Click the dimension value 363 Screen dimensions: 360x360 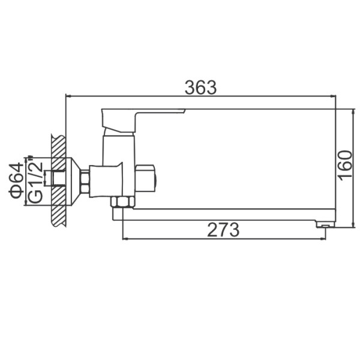(200, 88)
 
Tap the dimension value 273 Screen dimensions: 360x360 (223, 230)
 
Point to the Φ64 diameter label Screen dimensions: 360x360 (17, 180)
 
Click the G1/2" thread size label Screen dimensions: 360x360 (35, 180)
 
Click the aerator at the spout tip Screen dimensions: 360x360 (324, 224)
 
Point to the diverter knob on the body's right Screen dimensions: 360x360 (145, 178)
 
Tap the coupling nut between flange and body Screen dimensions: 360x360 (85, 181)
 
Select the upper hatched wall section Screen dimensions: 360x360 (58, 150)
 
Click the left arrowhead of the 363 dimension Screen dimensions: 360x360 (68, 95)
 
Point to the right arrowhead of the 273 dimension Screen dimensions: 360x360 (323, 239)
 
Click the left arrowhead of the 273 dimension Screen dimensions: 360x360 (125, 239)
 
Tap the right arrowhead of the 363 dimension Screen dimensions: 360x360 (332, 95)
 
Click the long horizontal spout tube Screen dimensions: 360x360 (228, 214)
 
